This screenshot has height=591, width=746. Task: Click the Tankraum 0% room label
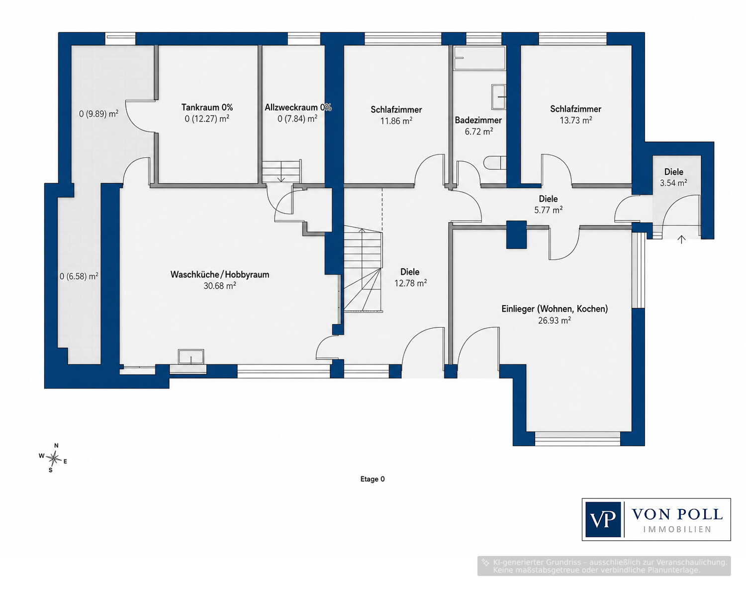click(207, 107)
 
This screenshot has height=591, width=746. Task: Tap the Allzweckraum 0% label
click(298, 107)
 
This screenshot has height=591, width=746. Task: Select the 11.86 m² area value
click(396, 121)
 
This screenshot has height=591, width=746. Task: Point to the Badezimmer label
click(478, 120)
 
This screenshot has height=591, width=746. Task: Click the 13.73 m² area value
click(575, 120)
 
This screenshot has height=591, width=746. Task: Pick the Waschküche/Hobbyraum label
click(220, 274)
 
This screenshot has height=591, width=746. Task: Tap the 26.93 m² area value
click(555, 320)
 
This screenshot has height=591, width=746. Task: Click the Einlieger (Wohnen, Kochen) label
click(555, 309)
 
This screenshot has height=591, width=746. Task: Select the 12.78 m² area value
click(410, 283)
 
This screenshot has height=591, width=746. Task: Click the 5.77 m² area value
click(548, 210)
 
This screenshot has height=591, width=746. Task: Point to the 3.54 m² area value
click(673, 183)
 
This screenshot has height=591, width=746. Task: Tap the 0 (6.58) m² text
click(79, 276)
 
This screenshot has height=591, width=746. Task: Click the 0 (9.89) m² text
click(99, 114)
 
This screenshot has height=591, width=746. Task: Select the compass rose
click(53, 459)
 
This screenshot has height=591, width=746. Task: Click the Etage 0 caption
click(373, 479)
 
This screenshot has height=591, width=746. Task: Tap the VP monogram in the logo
click(603, 519)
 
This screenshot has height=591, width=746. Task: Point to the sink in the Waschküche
click(190, 356)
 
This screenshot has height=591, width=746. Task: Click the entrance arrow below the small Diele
click(681, 239)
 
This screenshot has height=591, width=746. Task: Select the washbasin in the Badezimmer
click(498, 97)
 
